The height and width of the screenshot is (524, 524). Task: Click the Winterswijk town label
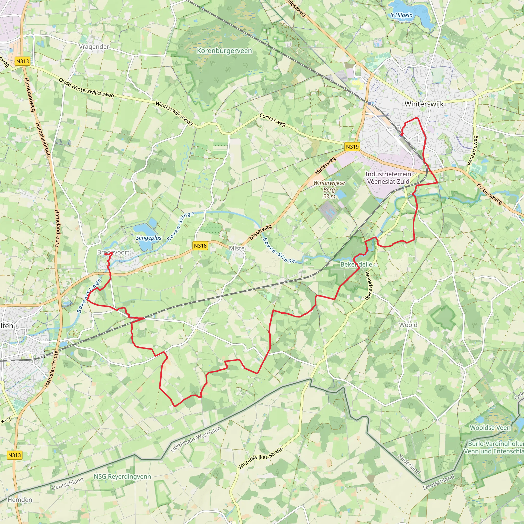424,104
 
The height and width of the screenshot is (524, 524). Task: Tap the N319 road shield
352,147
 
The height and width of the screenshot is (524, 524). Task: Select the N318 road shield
200,246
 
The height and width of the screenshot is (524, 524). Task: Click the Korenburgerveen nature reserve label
224,51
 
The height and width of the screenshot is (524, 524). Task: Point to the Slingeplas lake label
149,238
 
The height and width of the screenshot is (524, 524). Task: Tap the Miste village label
236,248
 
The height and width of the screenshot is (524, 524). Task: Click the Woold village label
408,325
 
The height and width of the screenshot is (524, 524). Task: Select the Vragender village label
94,47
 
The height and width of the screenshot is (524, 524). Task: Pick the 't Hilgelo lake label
401,15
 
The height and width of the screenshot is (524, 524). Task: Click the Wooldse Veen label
490,428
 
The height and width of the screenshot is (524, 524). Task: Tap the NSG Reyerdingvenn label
122,476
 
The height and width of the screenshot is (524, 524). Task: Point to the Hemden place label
20,500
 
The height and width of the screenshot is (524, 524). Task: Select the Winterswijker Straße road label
260,458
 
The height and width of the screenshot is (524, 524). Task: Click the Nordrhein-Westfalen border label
196,439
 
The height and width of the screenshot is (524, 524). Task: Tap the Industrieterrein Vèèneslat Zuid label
388,178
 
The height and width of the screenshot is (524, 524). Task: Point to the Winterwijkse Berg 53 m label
329,189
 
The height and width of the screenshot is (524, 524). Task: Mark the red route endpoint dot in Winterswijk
402,135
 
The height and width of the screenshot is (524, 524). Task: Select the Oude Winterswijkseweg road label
86,88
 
